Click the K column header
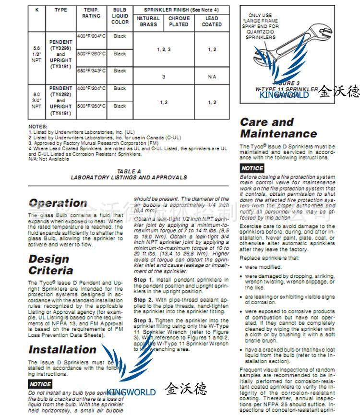click(x=36, y=10)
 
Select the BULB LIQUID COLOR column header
click(x=120, y=15)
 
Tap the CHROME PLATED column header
click(x=179, y=21)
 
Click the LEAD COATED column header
click(x=212, y=21)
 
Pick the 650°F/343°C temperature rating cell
click(x=91, y=71)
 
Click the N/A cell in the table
click(x=212, y=77)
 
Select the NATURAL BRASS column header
click(x=148, y=21)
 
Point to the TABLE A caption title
click(x=129, y=171)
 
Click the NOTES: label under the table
click(x=38, y=127)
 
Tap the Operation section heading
click(x=58, y=203)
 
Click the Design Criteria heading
click(x=50, y=264)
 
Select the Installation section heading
click(x=62, y=349)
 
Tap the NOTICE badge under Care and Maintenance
click(x=252, y=168)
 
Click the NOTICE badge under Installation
click(x=40, y=384)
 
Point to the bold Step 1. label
click(x=140, y=279)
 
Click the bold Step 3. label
click(x=140, y=320)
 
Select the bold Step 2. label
click(x=140, y=299)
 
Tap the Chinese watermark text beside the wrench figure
click(x=339, y=91)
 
